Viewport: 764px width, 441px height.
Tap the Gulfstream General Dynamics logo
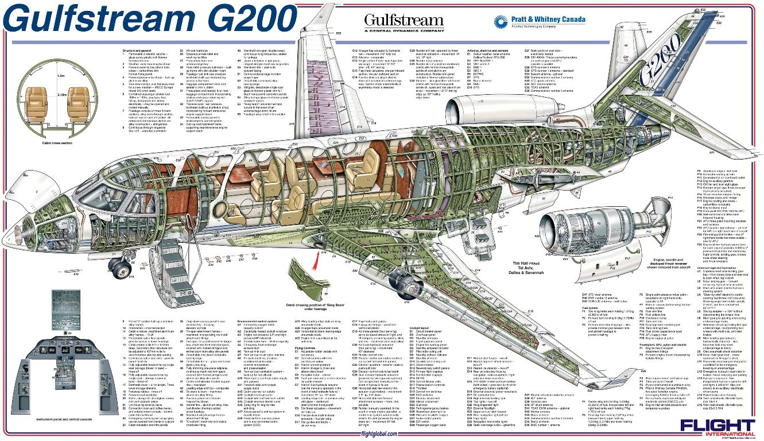404,22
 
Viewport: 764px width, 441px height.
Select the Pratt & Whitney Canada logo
540,22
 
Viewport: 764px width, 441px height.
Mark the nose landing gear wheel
122,266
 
